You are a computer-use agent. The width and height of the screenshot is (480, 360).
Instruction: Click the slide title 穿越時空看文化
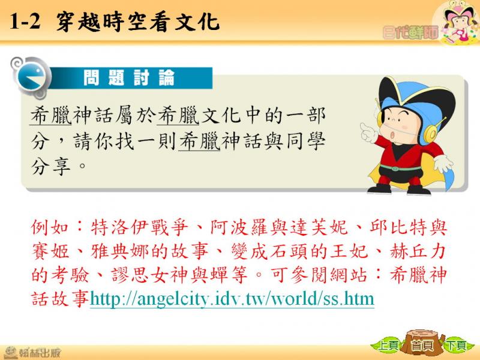(x=138, y=22)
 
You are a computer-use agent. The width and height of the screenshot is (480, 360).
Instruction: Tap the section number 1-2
(x=25, y=22)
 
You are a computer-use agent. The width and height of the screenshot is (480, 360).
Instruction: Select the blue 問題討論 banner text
(x=129, y=78)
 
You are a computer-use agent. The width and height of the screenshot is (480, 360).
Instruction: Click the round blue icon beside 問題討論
(x=32, y=77)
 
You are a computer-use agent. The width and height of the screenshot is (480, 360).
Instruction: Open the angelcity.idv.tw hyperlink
(x=232, y=298)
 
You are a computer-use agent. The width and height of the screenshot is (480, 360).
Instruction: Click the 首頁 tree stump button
(x=422, y=344)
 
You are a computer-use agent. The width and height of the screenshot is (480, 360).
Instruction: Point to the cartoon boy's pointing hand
(x=368, y=131)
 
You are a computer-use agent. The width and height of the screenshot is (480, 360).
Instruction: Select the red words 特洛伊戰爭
(x=140, y=227)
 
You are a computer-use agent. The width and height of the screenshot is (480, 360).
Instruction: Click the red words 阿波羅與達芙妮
(x=279, y=227)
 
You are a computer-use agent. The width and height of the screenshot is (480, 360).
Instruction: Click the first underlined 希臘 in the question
(x=51, y=115)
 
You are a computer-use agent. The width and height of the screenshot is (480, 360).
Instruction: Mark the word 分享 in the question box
(x=51, y=166)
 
